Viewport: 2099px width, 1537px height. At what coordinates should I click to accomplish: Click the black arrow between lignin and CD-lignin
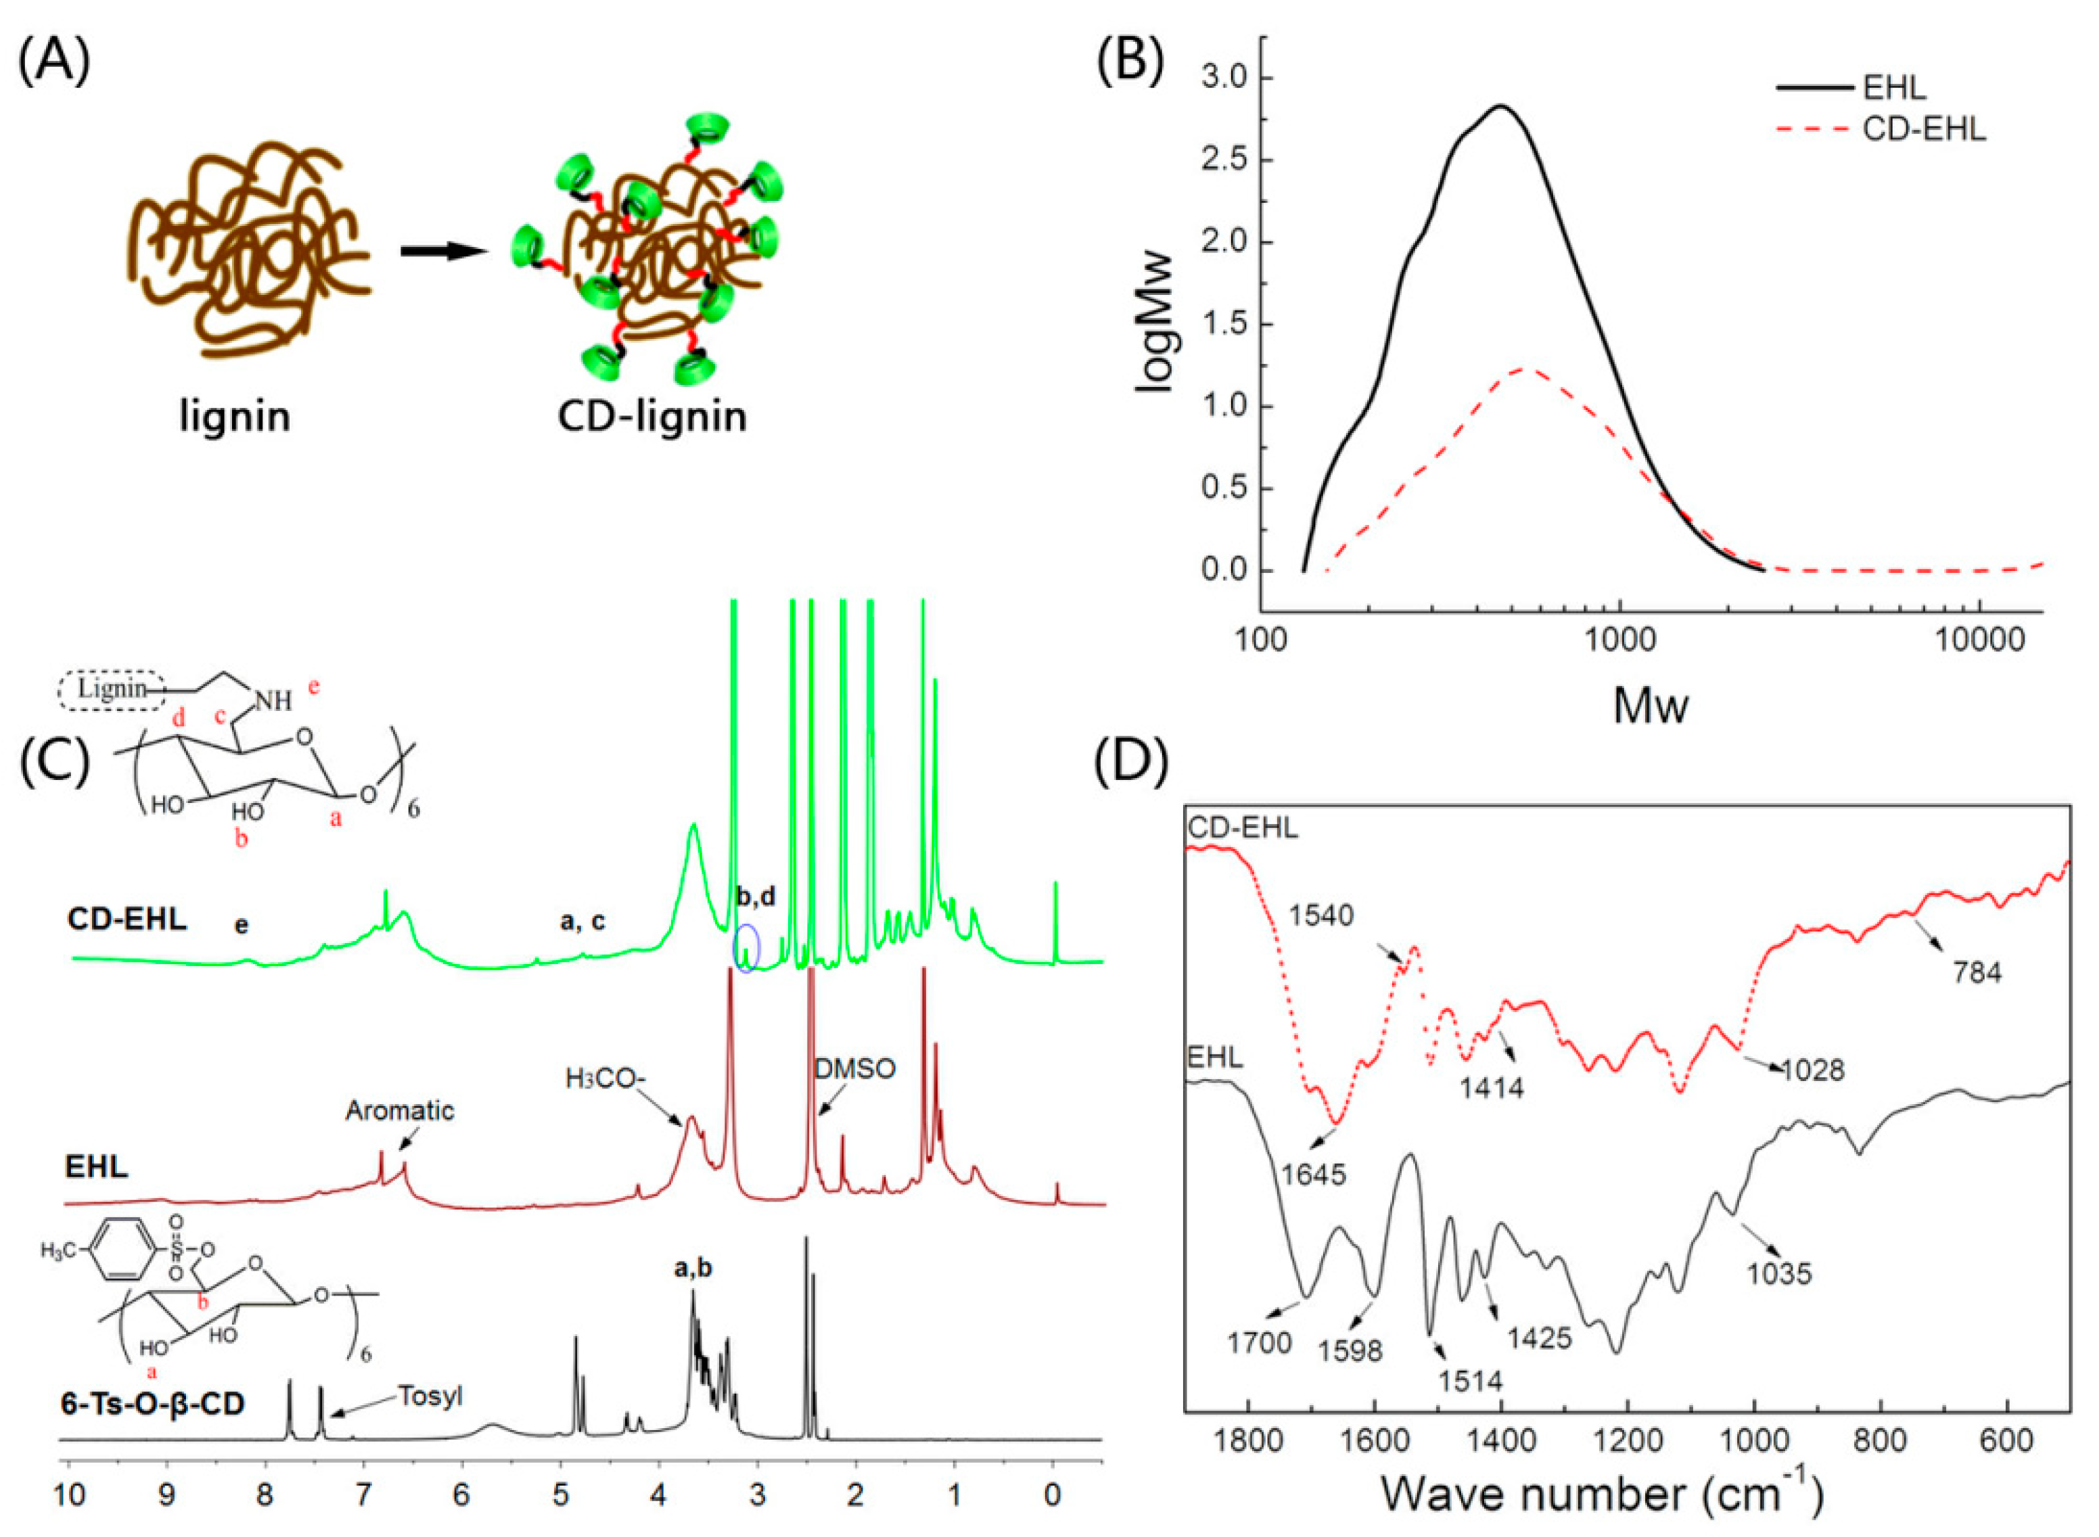click(444, 251)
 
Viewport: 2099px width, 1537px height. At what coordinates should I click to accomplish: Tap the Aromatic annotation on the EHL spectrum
click(400, 1111)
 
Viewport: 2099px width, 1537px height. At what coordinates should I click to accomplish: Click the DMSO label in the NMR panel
click(855, 1068)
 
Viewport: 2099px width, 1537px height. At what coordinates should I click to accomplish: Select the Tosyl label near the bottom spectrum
click(430, 1396)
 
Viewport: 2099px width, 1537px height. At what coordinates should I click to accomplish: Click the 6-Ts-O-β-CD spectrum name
click(153, 1403)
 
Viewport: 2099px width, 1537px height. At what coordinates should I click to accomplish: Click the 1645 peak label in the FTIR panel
click(1313, 1174)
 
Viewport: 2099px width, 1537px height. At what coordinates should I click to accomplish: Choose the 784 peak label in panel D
click(1977, 973)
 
